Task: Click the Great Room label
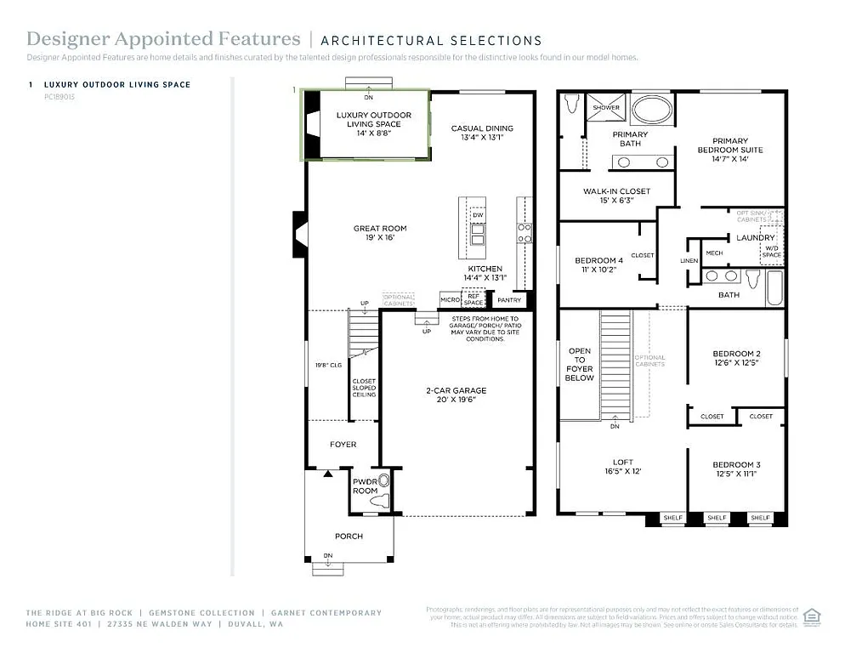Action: (380, 228)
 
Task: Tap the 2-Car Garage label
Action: (456, 390)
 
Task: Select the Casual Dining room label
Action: (482, 128)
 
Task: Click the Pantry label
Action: (508, 300)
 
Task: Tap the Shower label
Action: (606, 108)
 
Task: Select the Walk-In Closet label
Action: (616, 191)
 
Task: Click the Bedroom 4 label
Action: (598, 260)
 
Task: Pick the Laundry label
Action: (755, 238)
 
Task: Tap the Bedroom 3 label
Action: (736, 464)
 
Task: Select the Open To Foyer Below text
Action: (579, 365)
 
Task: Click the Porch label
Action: (349, 536)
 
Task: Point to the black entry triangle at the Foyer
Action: (326, 472)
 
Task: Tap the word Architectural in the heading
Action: (375, 40)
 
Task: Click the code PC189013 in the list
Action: (59, 97)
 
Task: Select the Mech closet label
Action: (714, 253)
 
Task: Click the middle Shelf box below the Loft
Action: (717, 517)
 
